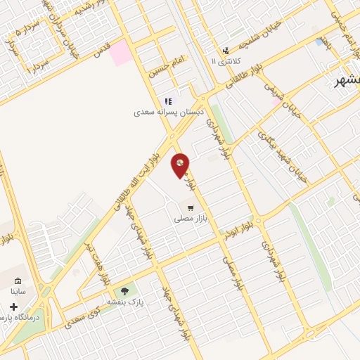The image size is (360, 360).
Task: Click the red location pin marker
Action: pyautogui.click(x=180, y=165)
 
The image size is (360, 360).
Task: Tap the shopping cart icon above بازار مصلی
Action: pyautogui.click(x=190, y=207)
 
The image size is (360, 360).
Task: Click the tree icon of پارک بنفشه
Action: pyautogui.click(x=124, y=290)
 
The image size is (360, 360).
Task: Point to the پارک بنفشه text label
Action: pyautogui.click(x=121, y=301)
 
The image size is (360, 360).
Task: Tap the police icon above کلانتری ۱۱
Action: pyautogui.click(x=225, y=50)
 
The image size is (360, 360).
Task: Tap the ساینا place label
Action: pyautogui.click(x=18, y=290)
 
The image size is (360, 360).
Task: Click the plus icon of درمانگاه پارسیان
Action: pyautogui.click(x=14, y=307)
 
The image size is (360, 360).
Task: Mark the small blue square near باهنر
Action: pyautogui.click(x=321, y=42)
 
